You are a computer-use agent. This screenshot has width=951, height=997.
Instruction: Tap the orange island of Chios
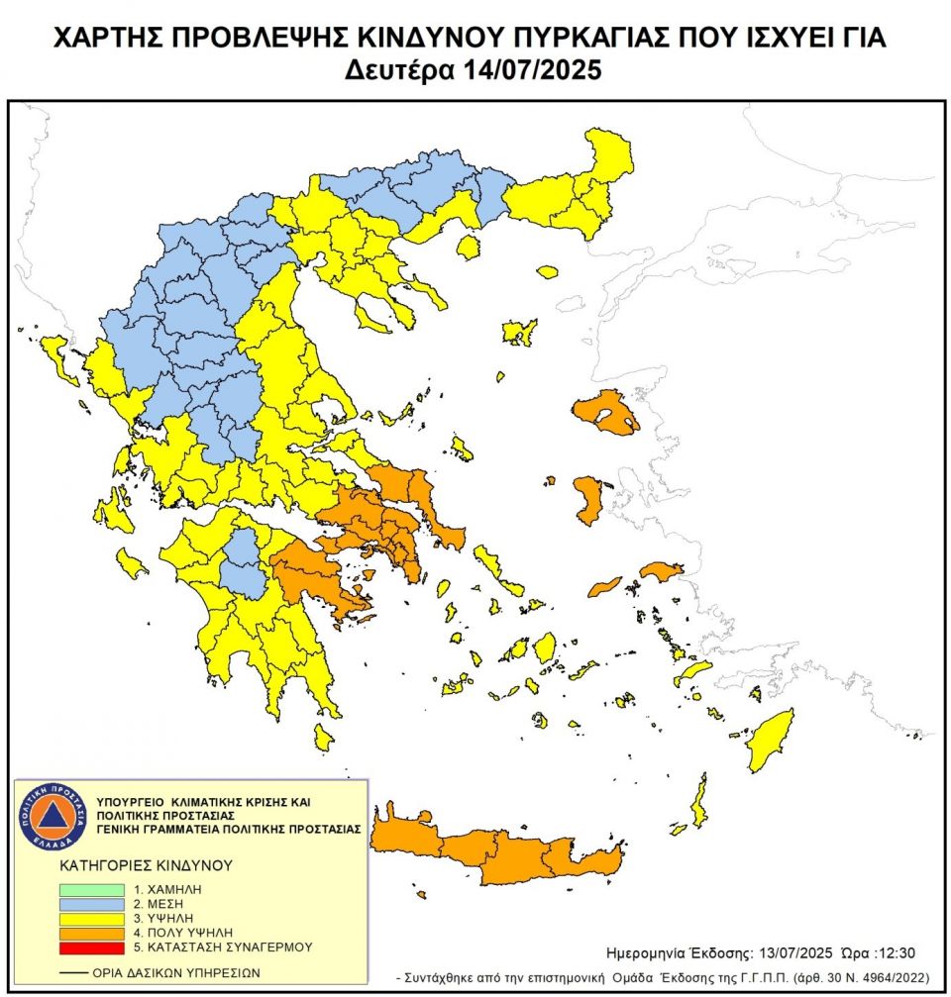[x=591, y=498]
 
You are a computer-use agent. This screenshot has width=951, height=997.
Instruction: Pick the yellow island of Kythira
[x=323, y=736]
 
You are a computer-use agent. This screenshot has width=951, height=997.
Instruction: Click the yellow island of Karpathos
[x=699, y=802]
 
